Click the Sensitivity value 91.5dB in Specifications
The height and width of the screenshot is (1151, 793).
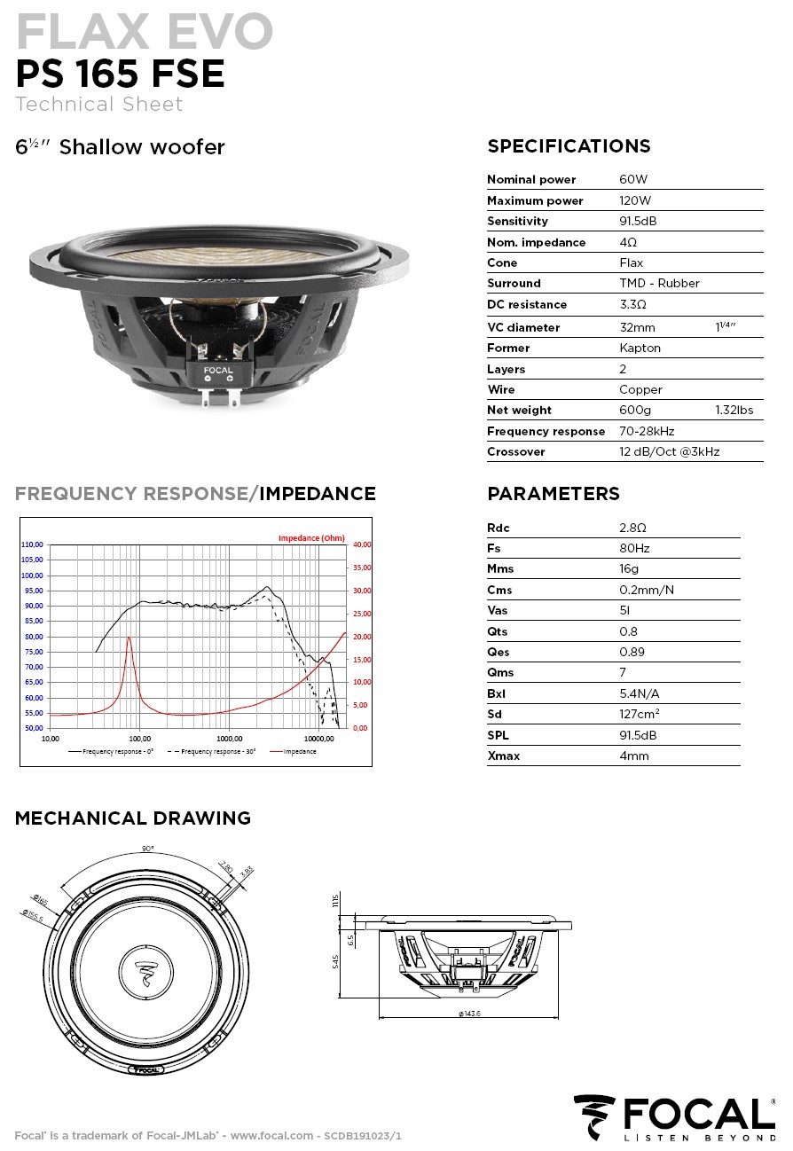637,221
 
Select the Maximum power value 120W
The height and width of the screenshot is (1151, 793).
634,200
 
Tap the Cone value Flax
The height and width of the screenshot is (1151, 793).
631,262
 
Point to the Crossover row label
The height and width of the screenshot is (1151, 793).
515,451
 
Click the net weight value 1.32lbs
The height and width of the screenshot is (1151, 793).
734,410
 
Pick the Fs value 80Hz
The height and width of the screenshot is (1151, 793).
634,548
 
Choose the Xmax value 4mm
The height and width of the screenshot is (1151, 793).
633,756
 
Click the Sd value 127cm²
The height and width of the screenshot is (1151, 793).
639,714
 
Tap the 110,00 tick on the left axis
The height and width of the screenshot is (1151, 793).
33,544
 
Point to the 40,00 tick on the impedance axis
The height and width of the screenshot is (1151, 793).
361,544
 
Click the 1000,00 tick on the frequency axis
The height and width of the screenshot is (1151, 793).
229,738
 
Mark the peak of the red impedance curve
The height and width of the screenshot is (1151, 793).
130,637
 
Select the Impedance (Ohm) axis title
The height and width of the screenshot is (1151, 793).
311,538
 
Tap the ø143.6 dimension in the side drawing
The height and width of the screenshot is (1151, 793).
469,1013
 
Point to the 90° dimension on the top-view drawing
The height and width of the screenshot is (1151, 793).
147,849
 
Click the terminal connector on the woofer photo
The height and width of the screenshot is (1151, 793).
217,379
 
